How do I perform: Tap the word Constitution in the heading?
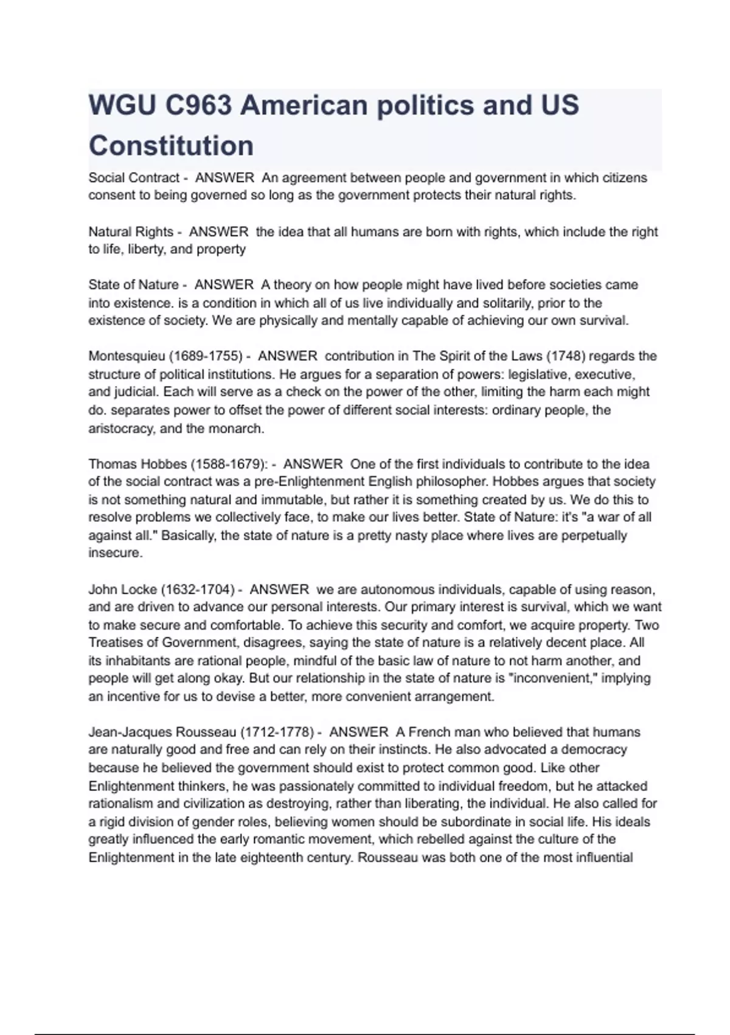tap(171, 146)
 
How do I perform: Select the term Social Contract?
tap(134, 178)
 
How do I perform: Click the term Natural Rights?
tap(131, 232)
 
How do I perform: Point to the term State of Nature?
tap(133, 285)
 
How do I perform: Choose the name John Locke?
tap(123, 589)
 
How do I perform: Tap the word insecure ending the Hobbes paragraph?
tap(115, 553)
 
